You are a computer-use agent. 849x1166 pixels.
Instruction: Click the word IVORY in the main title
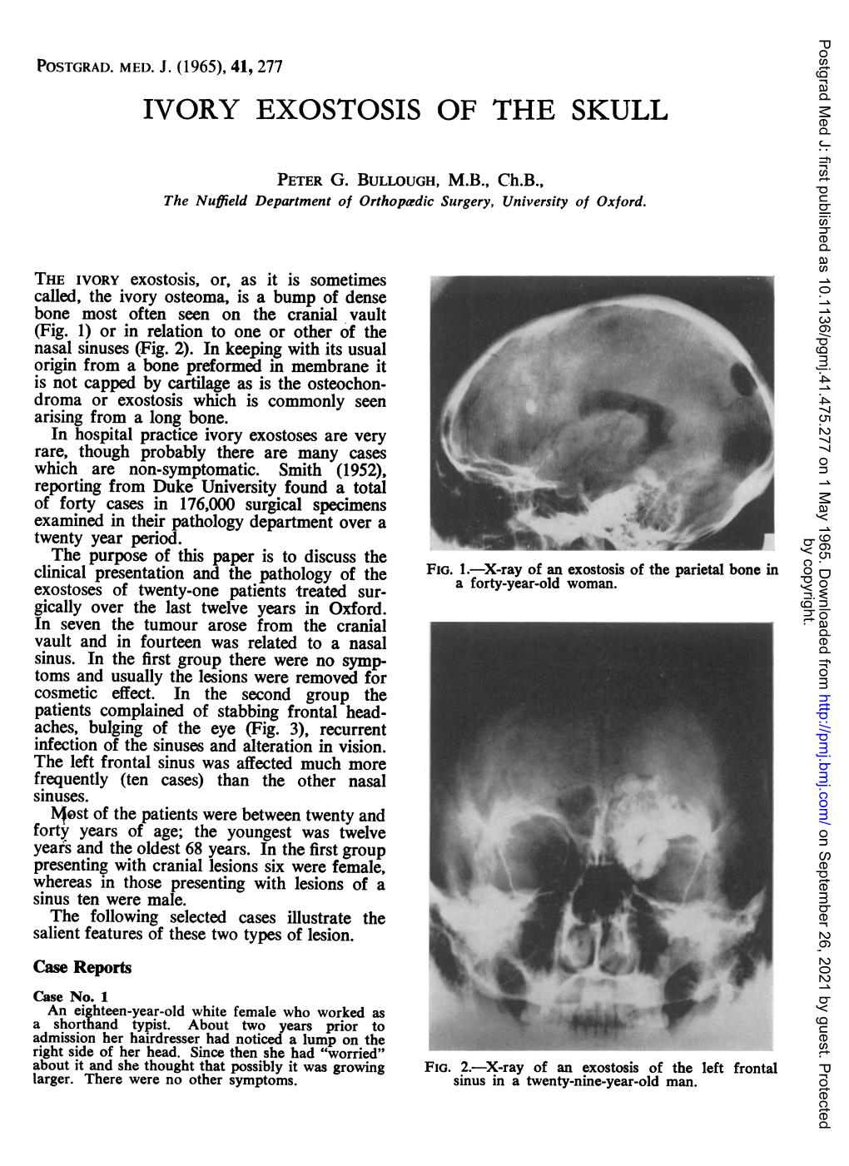coord(191,110)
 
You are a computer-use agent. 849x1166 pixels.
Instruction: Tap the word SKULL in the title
coord(619,110)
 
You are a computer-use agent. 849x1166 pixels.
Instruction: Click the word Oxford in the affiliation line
coord(620,201)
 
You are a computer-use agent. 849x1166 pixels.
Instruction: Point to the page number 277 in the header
coord(271,67)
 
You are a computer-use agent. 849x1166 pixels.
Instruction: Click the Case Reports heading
coord(82,967)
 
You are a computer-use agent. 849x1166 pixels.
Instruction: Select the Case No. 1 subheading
coord(71,996)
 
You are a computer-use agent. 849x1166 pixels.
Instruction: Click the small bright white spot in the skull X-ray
coord(531,406)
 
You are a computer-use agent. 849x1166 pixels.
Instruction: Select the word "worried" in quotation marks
coord(353,1053)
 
